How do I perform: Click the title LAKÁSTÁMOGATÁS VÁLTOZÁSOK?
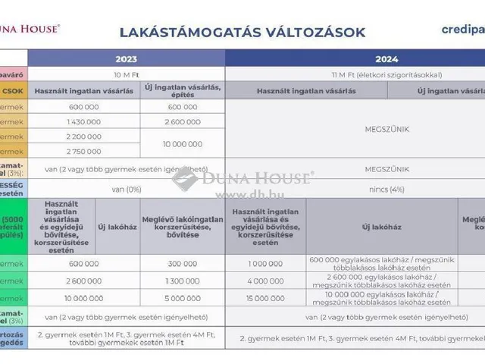pos(242,32)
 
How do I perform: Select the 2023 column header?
pos(126,58)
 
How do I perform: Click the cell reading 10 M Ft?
pos(126,74)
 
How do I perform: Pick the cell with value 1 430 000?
pos(83,121)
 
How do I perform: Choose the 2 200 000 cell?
pos(83,136)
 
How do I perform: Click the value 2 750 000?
pos(83,151)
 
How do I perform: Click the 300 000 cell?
pos(183,263)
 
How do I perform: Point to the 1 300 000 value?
pos(183,281)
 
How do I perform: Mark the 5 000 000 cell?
pos(183,298)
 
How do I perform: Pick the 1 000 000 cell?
pos(265,263)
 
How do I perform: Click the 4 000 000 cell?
pos(265,281)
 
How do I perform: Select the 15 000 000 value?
pos(265,298)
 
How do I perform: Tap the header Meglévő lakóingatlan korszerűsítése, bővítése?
pos(183,226)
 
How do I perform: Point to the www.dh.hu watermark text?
pos(241,193)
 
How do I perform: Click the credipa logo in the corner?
pos(463,30)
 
